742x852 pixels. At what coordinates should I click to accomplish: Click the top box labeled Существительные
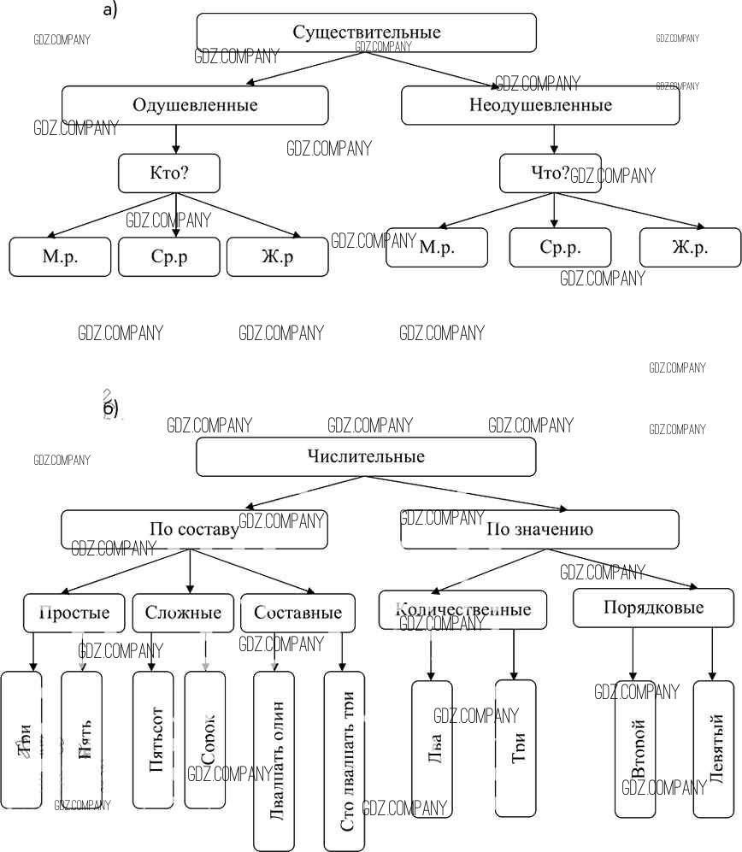pyautogui.click(x=366, y=33)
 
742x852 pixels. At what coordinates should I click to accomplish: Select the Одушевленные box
pyautogui.click(x=195, y=106)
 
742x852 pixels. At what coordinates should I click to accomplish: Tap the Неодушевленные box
pyautogui.click(x=540, y=106)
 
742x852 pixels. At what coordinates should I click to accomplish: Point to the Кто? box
pyautogui.click(x=168, y=173)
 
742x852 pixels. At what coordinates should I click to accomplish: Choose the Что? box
pyautogui.click(x=550, y=173)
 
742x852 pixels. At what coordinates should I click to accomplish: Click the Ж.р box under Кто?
pyautogui.click(x=277, y=256)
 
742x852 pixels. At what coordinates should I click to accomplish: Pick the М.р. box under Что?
pyautogui.click(x=436, y=248)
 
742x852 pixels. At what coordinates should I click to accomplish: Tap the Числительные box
pyautogui.click(x=366, y=456)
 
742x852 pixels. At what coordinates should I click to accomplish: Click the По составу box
pyautogui.click(x=195, y=529)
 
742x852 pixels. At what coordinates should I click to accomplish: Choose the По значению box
pyautogui.click(x=539, y=529)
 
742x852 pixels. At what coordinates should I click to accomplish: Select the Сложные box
pyautogui.click(x=183, y=613)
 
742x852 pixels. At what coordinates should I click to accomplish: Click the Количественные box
pyautogui.click(x=462, y=609)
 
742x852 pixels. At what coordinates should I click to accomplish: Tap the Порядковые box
pyautogui.click(x=653, y=608)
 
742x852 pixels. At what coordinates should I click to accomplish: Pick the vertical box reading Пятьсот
pyautogui.click(x=154, y=740)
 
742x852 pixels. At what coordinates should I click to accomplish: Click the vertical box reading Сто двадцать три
pyautogui.click(x=344, y=761)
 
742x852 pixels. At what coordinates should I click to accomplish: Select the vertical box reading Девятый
pyautogui.click(x=713, y=749)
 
